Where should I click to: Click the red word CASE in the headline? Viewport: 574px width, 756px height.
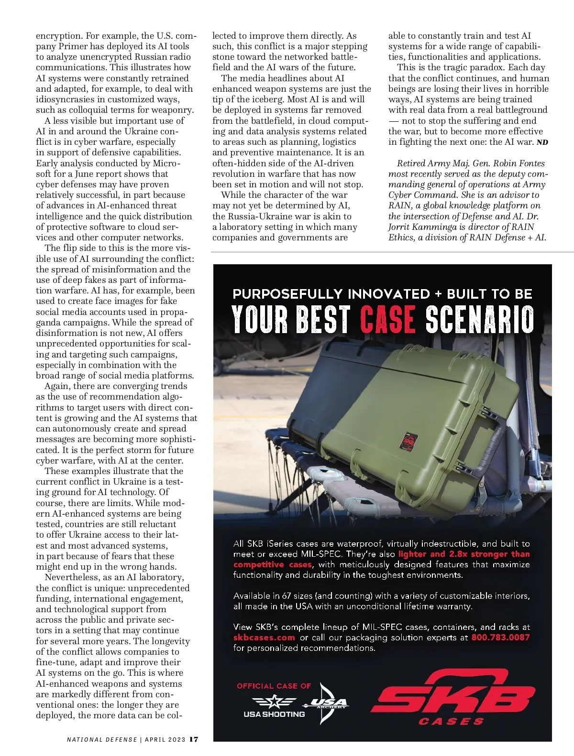387,319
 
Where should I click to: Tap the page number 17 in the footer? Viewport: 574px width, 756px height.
194,739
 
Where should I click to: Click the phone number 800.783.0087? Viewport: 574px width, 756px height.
500,637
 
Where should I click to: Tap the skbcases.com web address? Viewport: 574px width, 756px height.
264,637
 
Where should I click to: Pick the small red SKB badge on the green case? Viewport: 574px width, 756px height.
408,442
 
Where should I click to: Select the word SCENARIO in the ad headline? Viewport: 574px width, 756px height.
480,319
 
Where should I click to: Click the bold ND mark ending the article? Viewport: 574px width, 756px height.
542,142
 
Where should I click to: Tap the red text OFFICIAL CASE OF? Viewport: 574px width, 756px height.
274,686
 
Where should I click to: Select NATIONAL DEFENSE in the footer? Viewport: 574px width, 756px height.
101,740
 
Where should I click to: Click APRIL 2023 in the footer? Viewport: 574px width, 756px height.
165,740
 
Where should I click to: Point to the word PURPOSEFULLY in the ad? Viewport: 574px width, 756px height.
287,293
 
